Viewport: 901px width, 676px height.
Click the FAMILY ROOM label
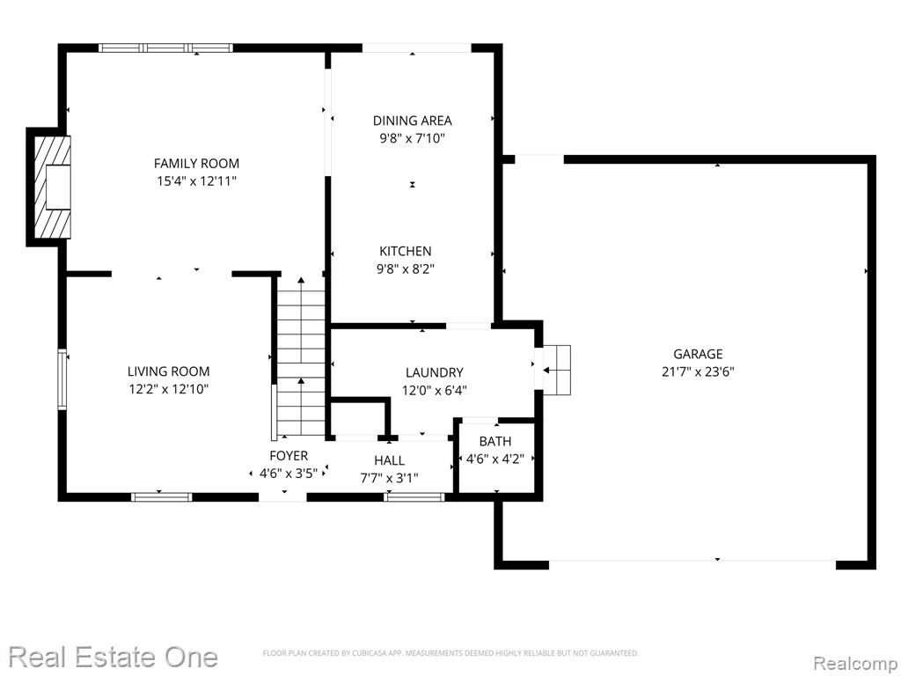coord(196,163)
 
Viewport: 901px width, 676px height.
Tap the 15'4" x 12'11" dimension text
coord(196,181)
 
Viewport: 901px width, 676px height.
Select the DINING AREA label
coord(412,121)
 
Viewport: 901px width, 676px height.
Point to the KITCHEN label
coord(405,251)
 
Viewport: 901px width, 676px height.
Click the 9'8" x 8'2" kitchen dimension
coord(405,268)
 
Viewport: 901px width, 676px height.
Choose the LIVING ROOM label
coord(168,371)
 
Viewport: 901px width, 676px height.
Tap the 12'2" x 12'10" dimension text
coord(168,389)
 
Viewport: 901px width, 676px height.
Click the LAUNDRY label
coord(435,372)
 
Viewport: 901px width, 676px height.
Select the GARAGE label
coord(698,354)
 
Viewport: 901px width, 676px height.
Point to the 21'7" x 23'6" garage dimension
coord(698,371)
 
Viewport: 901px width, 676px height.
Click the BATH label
coord(495,442)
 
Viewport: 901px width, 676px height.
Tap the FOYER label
coord(289,456)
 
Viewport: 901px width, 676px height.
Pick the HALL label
coord(389,460)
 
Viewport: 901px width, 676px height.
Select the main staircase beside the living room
coord(301,356)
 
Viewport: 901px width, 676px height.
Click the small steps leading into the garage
coord(557,371)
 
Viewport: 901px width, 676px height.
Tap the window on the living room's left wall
coord(62,379)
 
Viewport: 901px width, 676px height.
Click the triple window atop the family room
coord(165,48)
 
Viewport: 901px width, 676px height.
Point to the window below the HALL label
coord(414,496)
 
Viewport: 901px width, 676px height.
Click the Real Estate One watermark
coord(114,657)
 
